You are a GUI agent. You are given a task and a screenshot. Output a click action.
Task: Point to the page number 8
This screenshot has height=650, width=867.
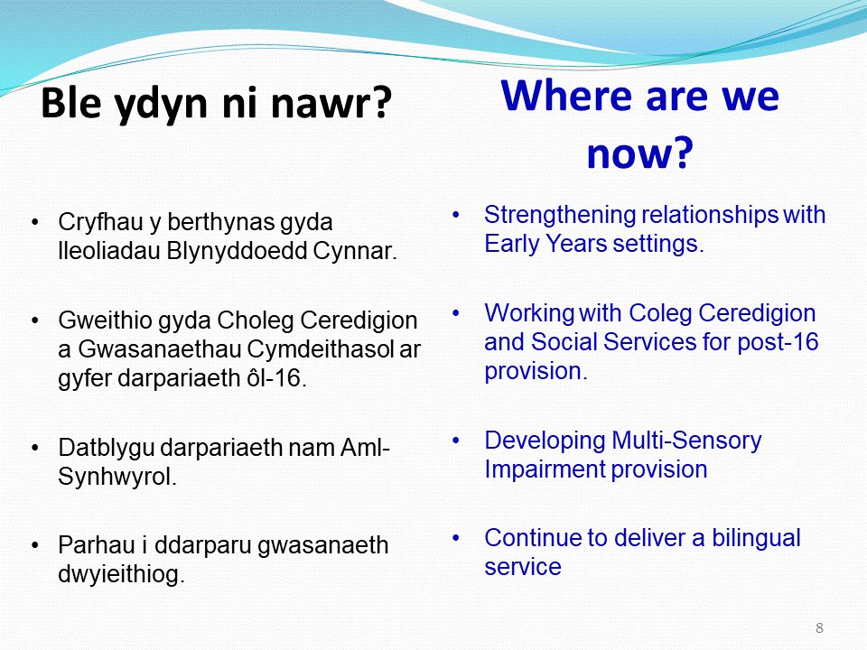coord(819,628)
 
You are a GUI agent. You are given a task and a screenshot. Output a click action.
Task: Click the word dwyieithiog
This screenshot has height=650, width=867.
coord(121,575)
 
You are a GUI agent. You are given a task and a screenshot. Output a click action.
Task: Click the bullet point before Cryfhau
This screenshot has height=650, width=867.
coord(34,221)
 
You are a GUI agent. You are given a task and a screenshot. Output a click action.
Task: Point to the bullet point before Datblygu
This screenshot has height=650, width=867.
coord(34,448)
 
